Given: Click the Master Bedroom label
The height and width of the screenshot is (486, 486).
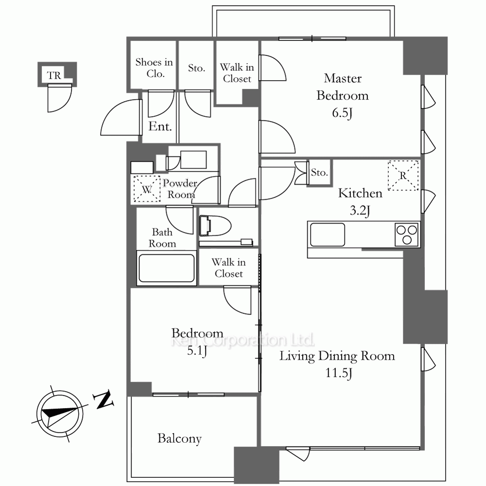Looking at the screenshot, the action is click(x=343, y=87).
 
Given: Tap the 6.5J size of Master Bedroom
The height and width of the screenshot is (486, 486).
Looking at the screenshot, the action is click(x=342, y=113).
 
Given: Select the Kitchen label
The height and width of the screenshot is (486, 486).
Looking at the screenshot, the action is click(x=360, y=193).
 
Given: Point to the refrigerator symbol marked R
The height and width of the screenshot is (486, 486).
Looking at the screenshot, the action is click(x=403, y=175).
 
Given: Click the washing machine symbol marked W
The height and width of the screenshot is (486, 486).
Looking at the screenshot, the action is click(x=147, y=189).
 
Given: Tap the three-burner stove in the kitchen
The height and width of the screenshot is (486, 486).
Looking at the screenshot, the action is click(x=407, y=235).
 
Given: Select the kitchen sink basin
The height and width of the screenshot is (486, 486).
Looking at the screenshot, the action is click(x=327, y=235).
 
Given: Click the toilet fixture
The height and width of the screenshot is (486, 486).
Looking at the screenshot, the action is click(x=215, y=226).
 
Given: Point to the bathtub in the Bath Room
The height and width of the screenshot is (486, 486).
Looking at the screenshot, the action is click(x=166, y=268).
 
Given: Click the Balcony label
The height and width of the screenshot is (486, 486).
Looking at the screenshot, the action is click(x=179, y=438).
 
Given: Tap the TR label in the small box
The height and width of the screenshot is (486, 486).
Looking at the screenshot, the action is click(x=54, y=75).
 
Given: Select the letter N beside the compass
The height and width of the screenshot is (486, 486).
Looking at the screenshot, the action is click(x=103, y=400).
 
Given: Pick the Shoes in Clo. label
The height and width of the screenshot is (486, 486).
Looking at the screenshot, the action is click(x=154, y=68).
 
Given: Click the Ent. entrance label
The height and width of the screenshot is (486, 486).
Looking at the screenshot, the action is click(x=160, y=126).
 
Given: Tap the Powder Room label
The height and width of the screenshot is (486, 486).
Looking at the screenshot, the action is click(x=180, y=189).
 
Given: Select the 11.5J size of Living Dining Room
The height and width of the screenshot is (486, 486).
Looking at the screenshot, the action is click(x=338, y=373).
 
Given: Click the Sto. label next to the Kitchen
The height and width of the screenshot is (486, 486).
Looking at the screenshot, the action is click(x=319, y=172).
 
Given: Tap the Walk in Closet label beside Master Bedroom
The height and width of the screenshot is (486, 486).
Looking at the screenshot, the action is click(x=237, y=73).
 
